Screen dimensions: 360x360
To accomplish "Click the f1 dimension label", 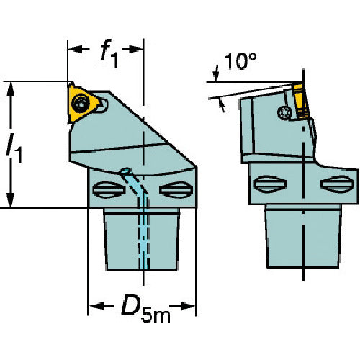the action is (109, 53).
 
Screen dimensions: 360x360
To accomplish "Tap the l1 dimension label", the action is (14, 148).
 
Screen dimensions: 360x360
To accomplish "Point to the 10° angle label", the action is (240, 61).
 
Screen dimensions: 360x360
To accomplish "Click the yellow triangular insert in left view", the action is (83, 103).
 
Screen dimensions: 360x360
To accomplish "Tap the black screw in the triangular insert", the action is (80, 104).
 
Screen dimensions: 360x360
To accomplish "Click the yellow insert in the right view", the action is (300, 101).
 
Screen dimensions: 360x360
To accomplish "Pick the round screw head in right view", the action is (284, 112).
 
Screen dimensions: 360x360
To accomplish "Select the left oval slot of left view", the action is (109, 190).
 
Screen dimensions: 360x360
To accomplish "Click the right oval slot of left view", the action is (176, 190).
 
